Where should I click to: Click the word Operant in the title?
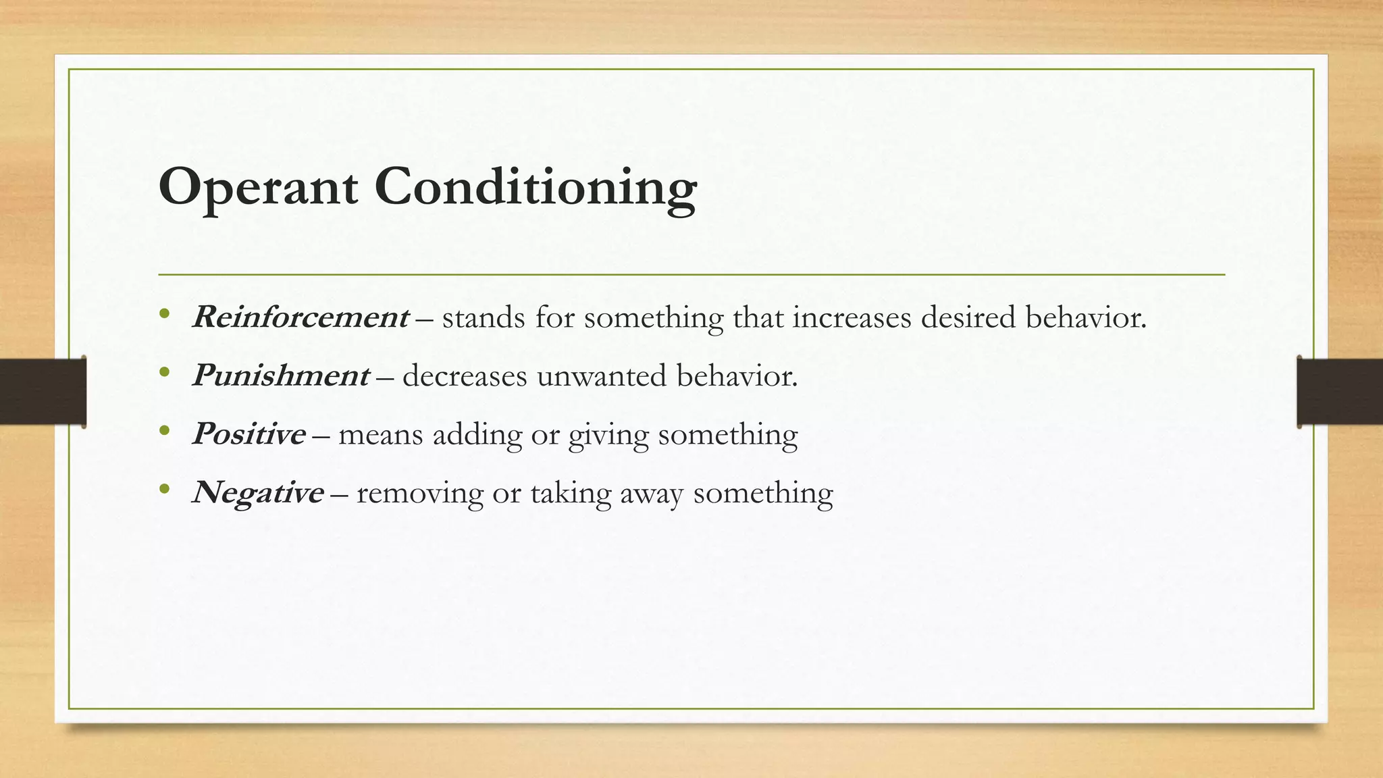[x=258, y=188]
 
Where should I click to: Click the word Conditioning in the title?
[x=536, y=188]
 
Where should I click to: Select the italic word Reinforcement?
[x=301, y=317]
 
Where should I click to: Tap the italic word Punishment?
[x=281, y=375]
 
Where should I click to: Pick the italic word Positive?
[x=249, y=434]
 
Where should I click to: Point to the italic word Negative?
[x=258, y=493]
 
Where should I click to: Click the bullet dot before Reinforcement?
[x=164, y=314]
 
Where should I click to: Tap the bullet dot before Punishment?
[x=164, y=372]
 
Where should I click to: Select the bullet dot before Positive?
[x=164, y=431]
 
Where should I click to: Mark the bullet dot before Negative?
[x=164, y=489]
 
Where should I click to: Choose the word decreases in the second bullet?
[x=465, y=376]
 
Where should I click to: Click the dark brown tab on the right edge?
[x=1340, y=392]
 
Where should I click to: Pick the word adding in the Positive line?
[x=477, y=435]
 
